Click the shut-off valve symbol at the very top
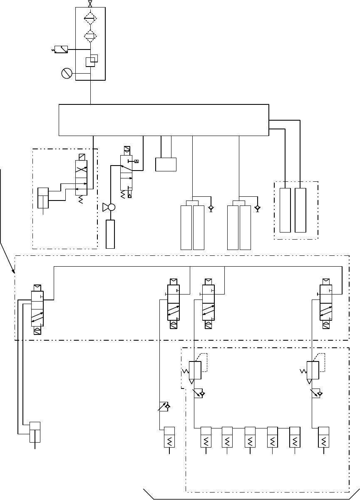(90, 4)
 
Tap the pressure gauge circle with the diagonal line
(67, 74)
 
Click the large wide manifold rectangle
(164, 120)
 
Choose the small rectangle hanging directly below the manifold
(166, 164)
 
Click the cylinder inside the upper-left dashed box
(43, 198)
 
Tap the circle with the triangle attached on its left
(111, 207)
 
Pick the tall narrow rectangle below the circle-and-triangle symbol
(110, 234)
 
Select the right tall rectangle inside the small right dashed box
(300, 210)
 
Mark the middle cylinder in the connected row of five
(250, 437)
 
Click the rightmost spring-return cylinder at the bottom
(324, 437)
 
